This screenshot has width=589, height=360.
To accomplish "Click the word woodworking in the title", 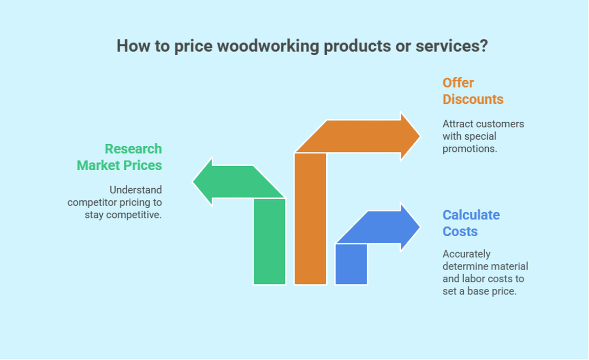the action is (x=268, y=47).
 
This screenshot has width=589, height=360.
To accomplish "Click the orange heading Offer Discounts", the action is (x=473, y=91).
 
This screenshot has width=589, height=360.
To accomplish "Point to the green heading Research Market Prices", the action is (x=120, y=157).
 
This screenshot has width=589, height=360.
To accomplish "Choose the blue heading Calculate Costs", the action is (x=471, y=223).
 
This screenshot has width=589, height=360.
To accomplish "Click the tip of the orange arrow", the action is (x=420, y=137).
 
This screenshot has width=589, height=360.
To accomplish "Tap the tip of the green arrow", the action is (x=193, y=182).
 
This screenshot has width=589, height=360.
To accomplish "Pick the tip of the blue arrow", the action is (x=420, y=227).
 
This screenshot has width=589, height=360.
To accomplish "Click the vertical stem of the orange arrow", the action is (x=310, y=218).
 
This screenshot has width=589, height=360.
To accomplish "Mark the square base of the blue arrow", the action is (x=351, y=264).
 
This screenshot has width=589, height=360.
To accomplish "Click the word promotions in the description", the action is (x=469, y=149).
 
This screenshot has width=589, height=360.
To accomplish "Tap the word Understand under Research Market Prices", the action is (x=135, y=190).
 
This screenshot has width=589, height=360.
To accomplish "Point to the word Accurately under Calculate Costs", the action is (x=466, y=255).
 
